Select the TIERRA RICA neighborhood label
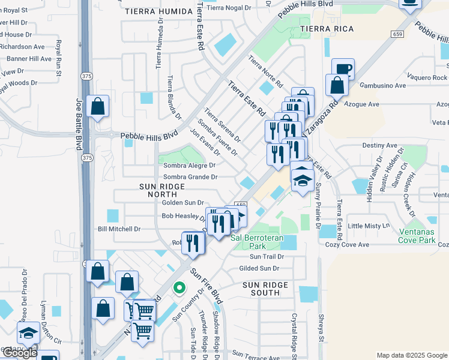pyautogui.click(x=327, y=29)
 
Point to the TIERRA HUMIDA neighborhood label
pyautogui.click(x=157, y=11)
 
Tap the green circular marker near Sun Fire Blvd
pyautogui.click(x=178, y=288)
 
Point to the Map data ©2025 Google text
pyautogui.click(x=411, y=355)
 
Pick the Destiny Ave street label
pyautogui.click(x=380, y=145)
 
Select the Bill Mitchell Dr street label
pyautogui.click(x=119, y=229)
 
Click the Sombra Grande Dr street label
pyautogui.click(x=190, y=177)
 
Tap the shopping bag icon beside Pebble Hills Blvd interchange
pyautogui.click(x=97, y=107)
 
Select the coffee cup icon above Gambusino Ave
pyautogui.click(x=342, y=69)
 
